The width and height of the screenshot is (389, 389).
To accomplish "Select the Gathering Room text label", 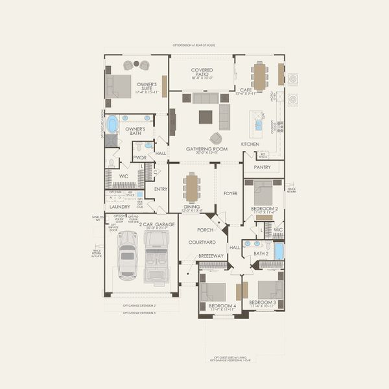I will [x=207, y=148].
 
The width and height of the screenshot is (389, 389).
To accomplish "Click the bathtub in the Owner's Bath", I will [x=112, y=123].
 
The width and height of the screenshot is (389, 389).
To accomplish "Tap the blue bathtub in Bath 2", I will [x=279, y=250].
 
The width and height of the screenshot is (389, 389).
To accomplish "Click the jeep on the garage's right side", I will [x=156, y=256].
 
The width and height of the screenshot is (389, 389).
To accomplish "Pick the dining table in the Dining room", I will [x=191, y=188].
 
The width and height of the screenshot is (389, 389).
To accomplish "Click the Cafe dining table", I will [x=260, y=76].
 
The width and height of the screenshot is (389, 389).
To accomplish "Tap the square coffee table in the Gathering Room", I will [x=205, y=117].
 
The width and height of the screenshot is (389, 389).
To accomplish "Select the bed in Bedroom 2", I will [x=263, y=193].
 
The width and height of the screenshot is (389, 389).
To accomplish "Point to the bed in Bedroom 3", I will [x=270, y=289].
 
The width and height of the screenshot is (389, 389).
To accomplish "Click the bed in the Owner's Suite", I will [x=119, y=86].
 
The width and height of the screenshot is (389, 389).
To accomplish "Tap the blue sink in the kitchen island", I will [x=259, y=125].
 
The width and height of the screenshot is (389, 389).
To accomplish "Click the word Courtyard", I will [x=202, y=242].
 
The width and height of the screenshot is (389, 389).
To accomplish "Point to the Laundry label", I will [x=120, y=207].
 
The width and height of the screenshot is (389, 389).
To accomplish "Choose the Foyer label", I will [x=231, y=193].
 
